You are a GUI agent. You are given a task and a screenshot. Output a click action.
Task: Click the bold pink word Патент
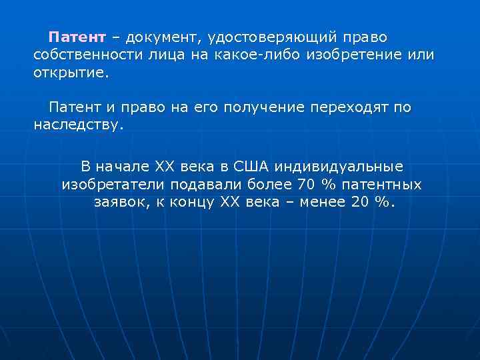coord(77,35)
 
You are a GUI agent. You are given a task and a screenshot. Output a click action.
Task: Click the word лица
coord(161,54)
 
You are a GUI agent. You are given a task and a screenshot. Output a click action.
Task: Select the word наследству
coord(78,125)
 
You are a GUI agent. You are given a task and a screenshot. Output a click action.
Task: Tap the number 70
coord(305,183)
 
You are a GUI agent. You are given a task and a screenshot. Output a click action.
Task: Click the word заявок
coord(115,202)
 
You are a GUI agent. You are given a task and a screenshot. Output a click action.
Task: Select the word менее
coord(319,202)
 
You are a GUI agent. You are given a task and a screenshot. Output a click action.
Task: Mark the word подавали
coord(200,183)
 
